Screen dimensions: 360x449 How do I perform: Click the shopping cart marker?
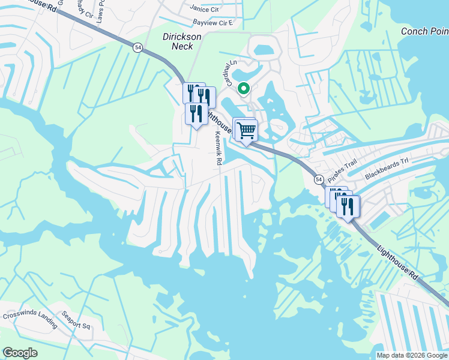pyautogui.click(x=246, y=130)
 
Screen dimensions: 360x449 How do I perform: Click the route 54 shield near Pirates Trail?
pyautogui.click(x=319, y=179)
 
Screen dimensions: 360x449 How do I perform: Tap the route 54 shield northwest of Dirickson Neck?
pyautogui.click(x=138, y=49)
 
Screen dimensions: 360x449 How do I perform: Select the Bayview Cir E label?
pyautogui.click(x=212, y=23)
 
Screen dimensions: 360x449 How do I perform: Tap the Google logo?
pyautogui.click(x=20, y=353)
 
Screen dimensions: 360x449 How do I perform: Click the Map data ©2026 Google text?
pyautogui.click(x=411, y=355)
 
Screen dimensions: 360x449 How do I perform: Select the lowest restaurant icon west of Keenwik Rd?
pyautogui.click(x=196, y=113)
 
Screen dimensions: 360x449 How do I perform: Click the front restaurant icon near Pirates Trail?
pyautogui.click(x=348, y=206)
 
